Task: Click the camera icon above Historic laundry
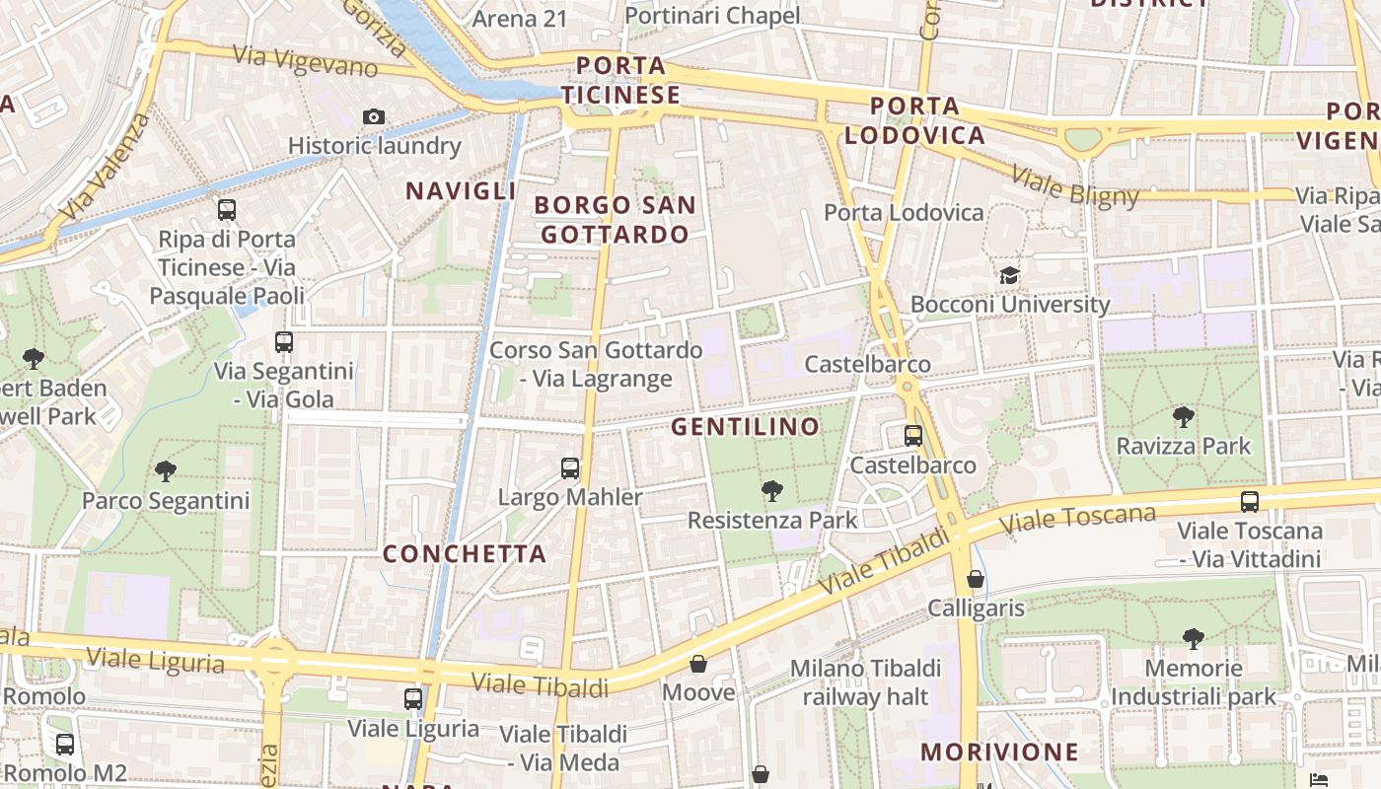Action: tap(373, 117)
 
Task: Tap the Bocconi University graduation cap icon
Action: tap(1009, 275)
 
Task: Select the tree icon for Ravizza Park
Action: tap(1183, 417)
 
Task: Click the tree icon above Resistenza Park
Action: tap(771, 490)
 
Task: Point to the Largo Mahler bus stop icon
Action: tap(570, 468)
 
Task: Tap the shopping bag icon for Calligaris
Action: tap(976, 579)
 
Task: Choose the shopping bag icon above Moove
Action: tap(698, 664)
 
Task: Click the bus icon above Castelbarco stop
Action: tap(913, 436)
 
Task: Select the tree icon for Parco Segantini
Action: tap(166, 471)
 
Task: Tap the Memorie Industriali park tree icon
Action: tap(1194, 639)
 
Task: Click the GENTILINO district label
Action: tap(745, 427)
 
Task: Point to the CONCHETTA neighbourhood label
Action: tap(465, 554)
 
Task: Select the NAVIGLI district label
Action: tap(461, 191)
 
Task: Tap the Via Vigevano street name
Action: tap(306, 61)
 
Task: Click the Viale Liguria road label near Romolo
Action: tap(155, 659)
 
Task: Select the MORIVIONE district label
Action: tap(1000, 753)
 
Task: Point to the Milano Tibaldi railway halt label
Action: tap(865, 682)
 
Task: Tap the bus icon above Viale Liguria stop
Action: tap(413, 699)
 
